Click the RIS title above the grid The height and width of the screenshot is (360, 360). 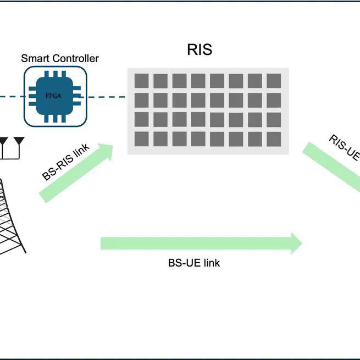click(x=199, y=50)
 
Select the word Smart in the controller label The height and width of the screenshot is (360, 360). click(x=34, y=58)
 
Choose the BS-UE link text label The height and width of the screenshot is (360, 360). click(x=193, y=263)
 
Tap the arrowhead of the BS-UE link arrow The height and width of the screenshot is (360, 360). click(x=296, y=243)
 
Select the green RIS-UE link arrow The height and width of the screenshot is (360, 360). click(x=330, y=165)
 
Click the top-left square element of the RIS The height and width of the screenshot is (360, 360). click(x=141, y=81)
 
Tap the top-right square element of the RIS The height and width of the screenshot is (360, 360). click(x=273, y=81)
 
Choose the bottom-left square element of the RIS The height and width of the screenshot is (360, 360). click(x=141, y=139)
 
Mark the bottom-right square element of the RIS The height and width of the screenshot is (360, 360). click(x=273, y=139)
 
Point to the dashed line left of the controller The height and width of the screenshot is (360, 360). click(x=11, y=97)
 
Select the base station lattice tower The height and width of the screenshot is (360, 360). click(x=11, y=220)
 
